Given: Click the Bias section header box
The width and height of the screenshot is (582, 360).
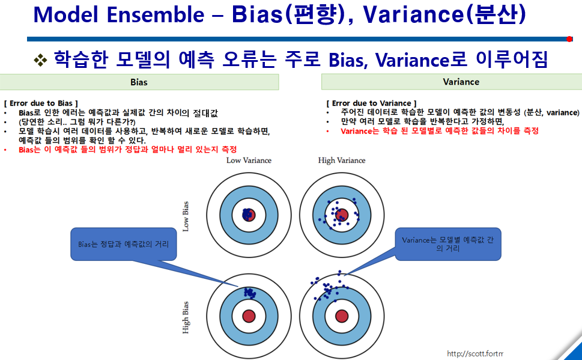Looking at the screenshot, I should (x=139, y=82).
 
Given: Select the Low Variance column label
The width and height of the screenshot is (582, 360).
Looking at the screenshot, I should (x=249, y=160).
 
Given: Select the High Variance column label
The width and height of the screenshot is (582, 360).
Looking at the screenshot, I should (x=342, y=160).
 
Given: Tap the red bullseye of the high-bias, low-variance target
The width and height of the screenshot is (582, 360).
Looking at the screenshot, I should (x=249, y=316).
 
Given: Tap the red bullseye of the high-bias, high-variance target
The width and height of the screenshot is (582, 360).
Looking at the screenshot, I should (x=342, y=316).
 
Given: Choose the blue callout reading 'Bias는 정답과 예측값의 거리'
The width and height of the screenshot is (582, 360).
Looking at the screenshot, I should (x=123, y=245).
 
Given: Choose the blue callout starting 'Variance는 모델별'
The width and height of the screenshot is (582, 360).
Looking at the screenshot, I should (x=447, y=243).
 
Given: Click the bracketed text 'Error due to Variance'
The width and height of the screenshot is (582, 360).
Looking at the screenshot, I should (x=371, y=103).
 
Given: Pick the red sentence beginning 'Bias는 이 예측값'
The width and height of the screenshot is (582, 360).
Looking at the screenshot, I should (x=128, y=149).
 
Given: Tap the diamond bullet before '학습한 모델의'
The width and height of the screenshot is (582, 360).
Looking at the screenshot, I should (x=40, y=59).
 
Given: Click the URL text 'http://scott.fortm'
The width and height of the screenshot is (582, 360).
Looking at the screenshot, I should (x=475, y=353).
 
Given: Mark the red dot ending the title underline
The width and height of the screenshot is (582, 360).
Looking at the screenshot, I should (x=569, y=39).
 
